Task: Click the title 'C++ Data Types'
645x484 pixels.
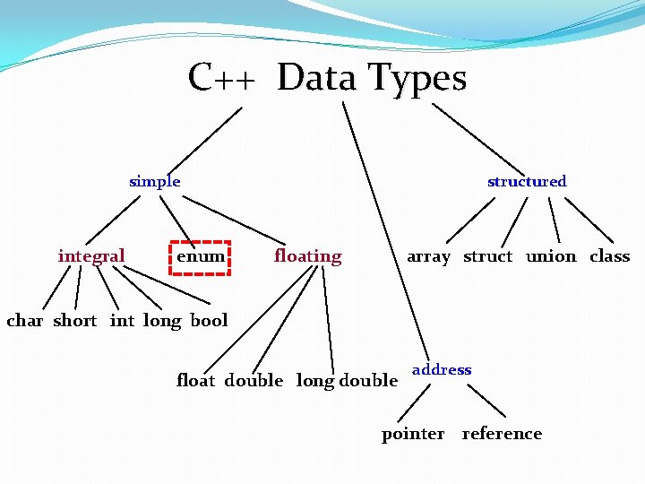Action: (327, 78)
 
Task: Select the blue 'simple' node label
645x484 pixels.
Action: (155, 181)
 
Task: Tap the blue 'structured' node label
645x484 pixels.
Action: (527, 181)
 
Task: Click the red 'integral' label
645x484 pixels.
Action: (91, 256)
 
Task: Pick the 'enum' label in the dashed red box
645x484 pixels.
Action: (201, 256)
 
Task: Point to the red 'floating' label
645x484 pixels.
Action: (307, 256)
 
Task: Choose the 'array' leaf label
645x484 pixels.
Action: (428, 256)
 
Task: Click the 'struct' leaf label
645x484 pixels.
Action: (487, 256)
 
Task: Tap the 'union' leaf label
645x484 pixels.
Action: (551, 256)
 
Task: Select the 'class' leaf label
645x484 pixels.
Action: (609, 256)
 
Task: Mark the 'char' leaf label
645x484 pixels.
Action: (24, 321)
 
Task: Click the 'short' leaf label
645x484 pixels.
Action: (74, 321)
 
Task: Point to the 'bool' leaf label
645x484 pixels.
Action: (209, 321)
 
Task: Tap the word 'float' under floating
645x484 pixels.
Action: (195, 381)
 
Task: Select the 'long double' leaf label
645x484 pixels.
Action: (347, 381)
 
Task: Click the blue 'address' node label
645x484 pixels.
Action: (442, 369)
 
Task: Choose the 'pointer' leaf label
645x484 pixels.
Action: (413, 434)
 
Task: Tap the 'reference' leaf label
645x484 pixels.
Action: (502, 434)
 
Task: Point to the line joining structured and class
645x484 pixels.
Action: (589, 220)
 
